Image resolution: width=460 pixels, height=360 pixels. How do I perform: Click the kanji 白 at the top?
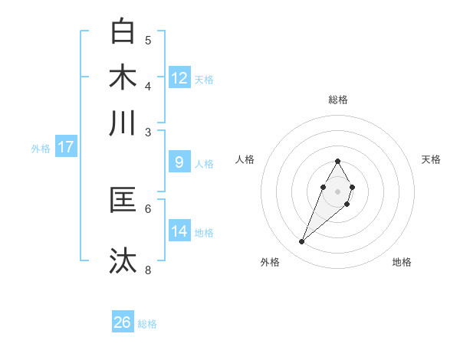pyautogui.click(x=123, y=31)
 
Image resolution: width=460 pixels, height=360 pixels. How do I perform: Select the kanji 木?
pyautogui.click(x=123, y=77)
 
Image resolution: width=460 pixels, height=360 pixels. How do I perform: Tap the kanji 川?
pyautogui.click(x=123, y=123)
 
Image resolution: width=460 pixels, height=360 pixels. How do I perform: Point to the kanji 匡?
pyautogui.click(x=123, y=200)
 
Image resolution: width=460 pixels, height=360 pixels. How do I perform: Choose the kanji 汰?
pyautogui.click(x=123, y=261)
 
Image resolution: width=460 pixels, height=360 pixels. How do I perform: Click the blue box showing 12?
pyautogui.click(x=179, y=78)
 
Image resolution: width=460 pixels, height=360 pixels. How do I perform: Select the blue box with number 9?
pyautogui.click(x=179, y=162)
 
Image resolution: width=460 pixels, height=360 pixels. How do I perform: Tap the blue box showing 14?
pyautogui.click(x=179, y=231)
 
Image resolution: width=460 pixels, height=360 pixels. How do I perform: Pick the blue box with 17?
pyautogui.click(x=65, y=147)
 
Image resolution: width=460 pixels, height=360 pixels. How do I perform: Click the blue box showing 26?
pyautogui.click(x=123, y=322)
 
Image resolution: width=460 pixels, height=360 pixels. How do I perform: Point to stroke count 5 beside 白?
pyautogui.click(x=148, y=40)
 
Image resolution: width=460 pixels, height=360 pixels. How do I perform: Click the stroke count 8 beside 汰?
pyautogui.click(x=148, y=270)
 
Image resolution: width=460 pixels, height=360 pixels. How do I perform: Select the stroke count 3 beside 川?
pyautogui.click(x=148, y=132)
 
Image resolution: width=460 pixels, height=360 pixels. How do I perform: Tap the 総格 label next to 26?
pyautogui.click(x=148, y=324)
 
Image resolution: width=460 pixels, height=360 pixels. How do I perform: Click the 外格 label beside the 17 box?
pyautogui.click(x=41, y=149)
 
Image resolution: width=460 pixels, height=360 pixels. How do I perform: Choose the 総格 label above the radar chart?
pyautogui.click(x=338, y=100)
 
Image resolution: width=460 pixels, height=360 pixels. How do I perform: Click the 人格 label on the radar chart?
pyautogui.click(x=245, y=159)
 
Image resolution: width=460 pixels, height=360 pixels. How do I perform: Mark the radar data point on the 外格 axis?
pyautogui.click(x=302, y=242)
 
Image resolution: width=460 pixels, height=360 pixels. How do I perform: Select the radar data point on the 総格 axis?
pyautogui.click(x=338, y=161)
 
